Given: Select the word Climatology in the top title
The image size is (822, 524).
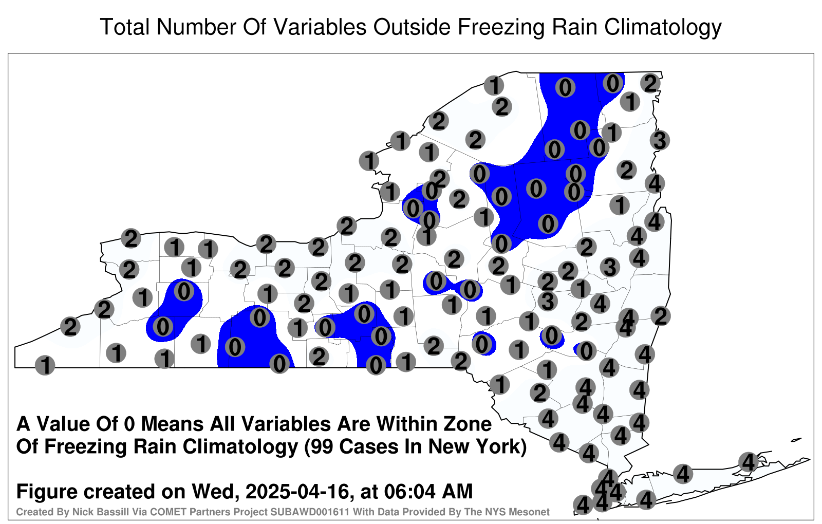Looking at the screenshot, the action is [x=663, y=28].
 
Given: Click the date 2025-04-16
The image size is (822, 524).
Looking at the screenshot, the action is [x=296, y=491].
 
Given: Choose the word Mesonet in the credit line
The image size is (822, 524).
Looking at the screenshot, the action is [x=533, y=512].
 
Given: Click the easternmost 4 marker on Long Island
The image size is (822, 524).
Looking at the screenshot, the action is [x=748, y=462].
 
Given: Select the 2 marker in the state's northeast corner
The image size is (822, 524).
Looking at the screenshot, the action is [x=650, y=83].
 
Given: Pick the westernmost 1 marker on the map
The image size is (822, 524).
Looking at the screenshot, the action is [x=45, y=365].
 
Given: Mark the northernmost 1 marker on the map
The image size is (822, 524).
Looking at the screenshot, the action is [x=494, y=85].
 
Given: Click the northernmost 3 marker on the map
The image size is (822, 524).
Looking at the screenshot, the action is [x=660, y=140].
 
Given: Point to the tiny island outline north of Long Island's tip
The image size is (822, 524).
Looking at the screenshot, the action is [x=796, y=440].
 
